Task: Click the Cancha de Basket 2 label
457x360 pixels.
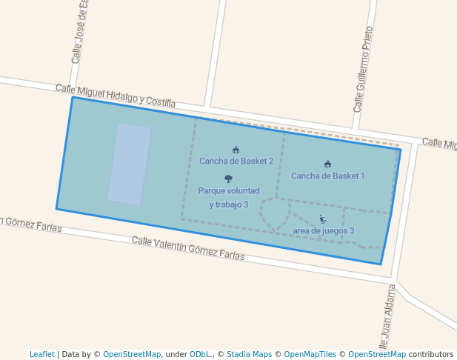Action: click(x=236, y=161)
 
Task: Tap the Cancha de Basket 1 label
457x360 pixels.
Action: click(x=327, y=176)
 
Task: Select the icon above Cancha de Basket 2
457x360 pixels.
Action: click(x=236, y=150)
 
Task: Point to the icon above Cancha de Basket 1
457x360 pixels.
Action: click(x=327, y=164)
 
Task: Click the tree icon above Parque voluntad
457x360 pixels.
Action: click(x=228, y=179)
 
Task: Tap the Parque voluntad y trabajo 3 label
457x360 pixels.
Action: click(x=228, y=197)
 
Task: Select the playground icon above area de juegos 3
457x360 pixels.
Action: click(x=323, y=219)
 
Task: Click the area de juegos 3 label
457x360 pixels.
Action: click(x=323, y=230)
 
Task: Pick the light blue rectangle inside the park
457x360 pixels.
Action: click(x=130, y=164)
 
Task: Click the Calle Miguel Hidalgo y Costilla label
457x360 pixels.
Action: click(x=116, y=96)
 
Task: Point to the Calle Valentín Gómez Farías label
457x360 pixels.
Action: click(x=188, y=248)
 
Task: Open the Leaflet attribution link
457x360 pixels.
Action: click(x=41, y=354)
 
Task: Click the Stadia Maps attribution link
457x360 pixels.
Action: click(x=249, y=354)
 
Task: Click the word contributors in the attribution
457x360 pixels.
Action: click(x=431, y=354)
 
